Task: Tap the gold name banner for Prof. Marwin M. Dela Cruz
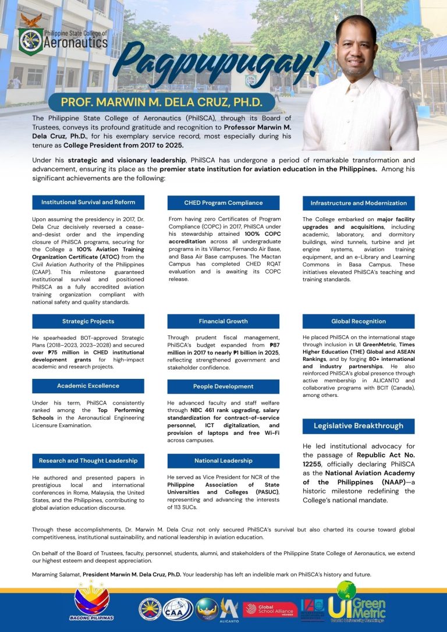tap(161, 103)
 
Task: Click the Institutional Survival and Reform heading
tap(88, 203)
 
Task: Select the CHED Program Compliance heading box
tap(223, 203)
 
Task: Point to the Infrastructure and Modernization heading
tap(359, 203)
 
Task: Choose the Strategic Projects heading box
tap(88, 321)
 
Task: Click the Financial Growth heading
tap(223, 321)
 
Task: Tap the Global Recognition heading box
tap(359, 321)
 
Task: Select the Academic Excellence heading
tap(88, 386)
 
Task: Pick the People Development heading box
tap(223, 386)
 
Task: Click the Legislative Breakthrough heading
tap(359, 426)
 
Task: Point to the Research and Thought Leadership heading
tap(88, 461)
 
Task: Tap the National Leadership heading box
tap(223, 461)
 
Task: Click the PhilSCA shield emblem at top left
tap(31, 39)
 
